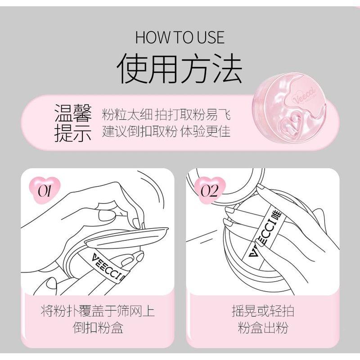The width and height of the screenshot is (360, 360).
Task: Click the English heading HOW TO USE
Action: click(180, 38)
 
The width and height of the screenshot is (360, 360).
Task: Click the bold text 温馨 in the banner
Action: click(73, 114)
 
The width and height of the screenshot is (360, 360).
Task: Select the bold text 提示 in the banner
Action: click(73, 134)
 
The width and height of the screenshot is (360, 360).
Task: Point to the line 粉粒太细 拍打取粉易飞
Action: click(166, 115)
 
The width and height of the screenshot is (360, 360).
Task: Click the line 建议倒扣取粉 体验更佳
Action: click(166, 132)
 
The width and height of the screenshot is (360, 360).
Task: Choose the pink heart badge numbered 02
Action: click(209, 190)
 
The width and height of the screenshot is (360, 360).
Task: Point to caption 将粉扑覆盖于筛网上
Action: click(98, 311)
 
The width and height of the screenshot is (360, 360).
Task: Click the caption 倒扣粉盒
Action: click(98, 328)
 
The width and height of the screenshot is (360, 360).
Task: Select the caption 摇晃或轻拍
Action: click(263, 311)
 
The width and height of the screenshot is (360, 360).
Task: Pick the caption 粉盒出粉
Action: click(263, 328)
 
